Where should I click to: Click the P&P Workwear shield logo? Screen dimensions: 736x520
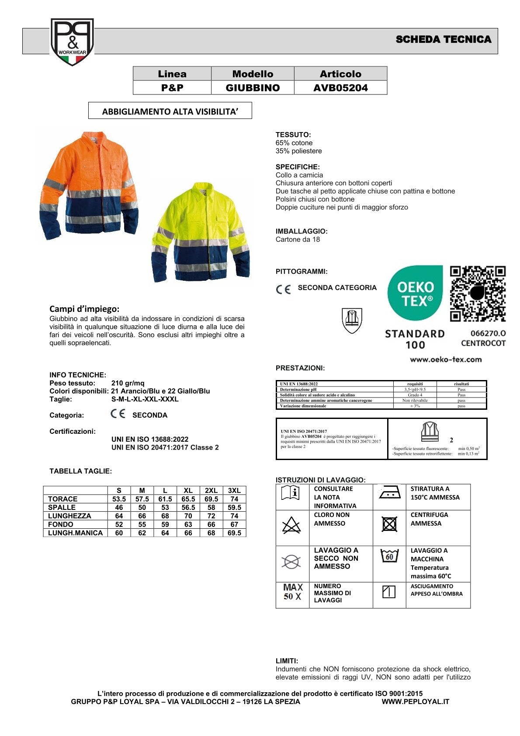(72, 42)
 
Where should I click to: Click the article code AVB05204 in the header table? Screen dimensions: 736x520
(340, 88)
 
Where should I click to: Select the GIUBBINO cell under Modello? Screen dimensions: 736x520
(253, 88)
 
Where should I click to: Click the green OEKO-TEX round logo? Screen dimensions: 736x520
(415, 293)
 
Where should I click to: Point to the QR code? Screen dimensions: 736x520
(478, 293)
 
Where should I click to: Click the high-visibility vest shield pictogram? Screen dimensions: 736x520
(352, 320)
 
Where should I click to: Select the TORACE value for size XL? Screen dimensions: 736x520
(188, 499)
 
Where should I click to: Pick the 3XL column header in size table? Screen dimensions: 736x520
(234, 491)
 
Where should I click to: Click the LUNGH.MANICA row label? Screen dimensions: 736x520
(75, 533)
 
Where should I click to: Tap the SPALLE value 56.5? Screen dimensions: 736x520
(188, 508)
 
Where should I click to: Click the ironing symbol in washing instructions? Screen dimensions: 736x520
(389, 493)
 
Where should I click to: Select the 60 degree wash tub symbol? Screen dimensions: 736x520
(389, 556)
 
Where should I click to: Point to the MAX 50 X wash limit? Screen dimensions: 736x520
(292, 592)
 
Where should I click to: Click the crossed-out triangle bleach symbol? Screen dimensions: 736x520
(291, 525)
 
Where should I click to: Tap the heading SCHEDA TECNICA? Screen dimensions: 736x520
(443, 40)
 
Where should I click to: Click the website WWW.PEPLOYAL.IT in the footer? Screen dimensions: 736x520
(415, 702)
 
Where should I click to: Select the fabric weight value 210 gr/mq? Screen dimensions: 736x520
(128, 383)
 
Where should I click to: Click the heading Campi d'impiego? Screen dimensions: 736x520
(84, 309)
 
